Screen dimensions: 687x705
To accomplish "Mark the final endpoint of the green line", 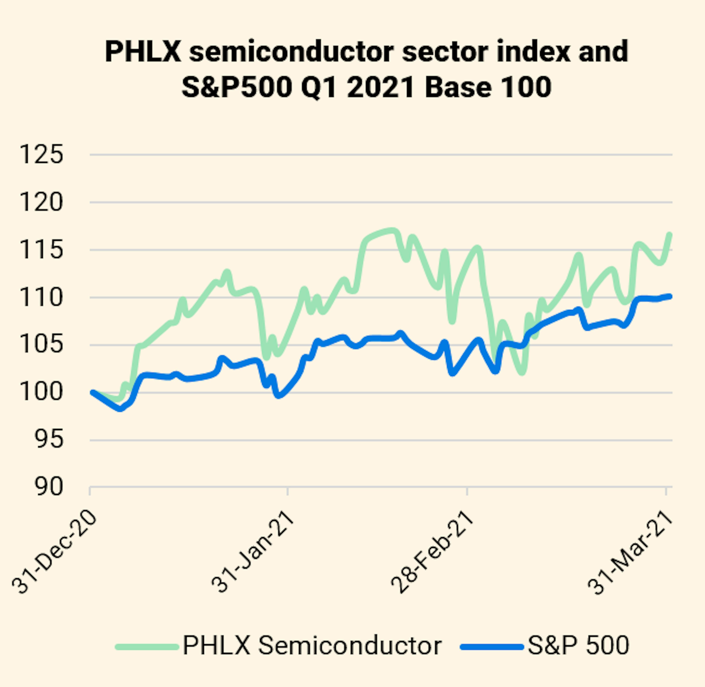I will point(670,235).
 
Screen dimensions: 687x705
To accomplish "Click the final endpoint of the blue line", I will point(670,296).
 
